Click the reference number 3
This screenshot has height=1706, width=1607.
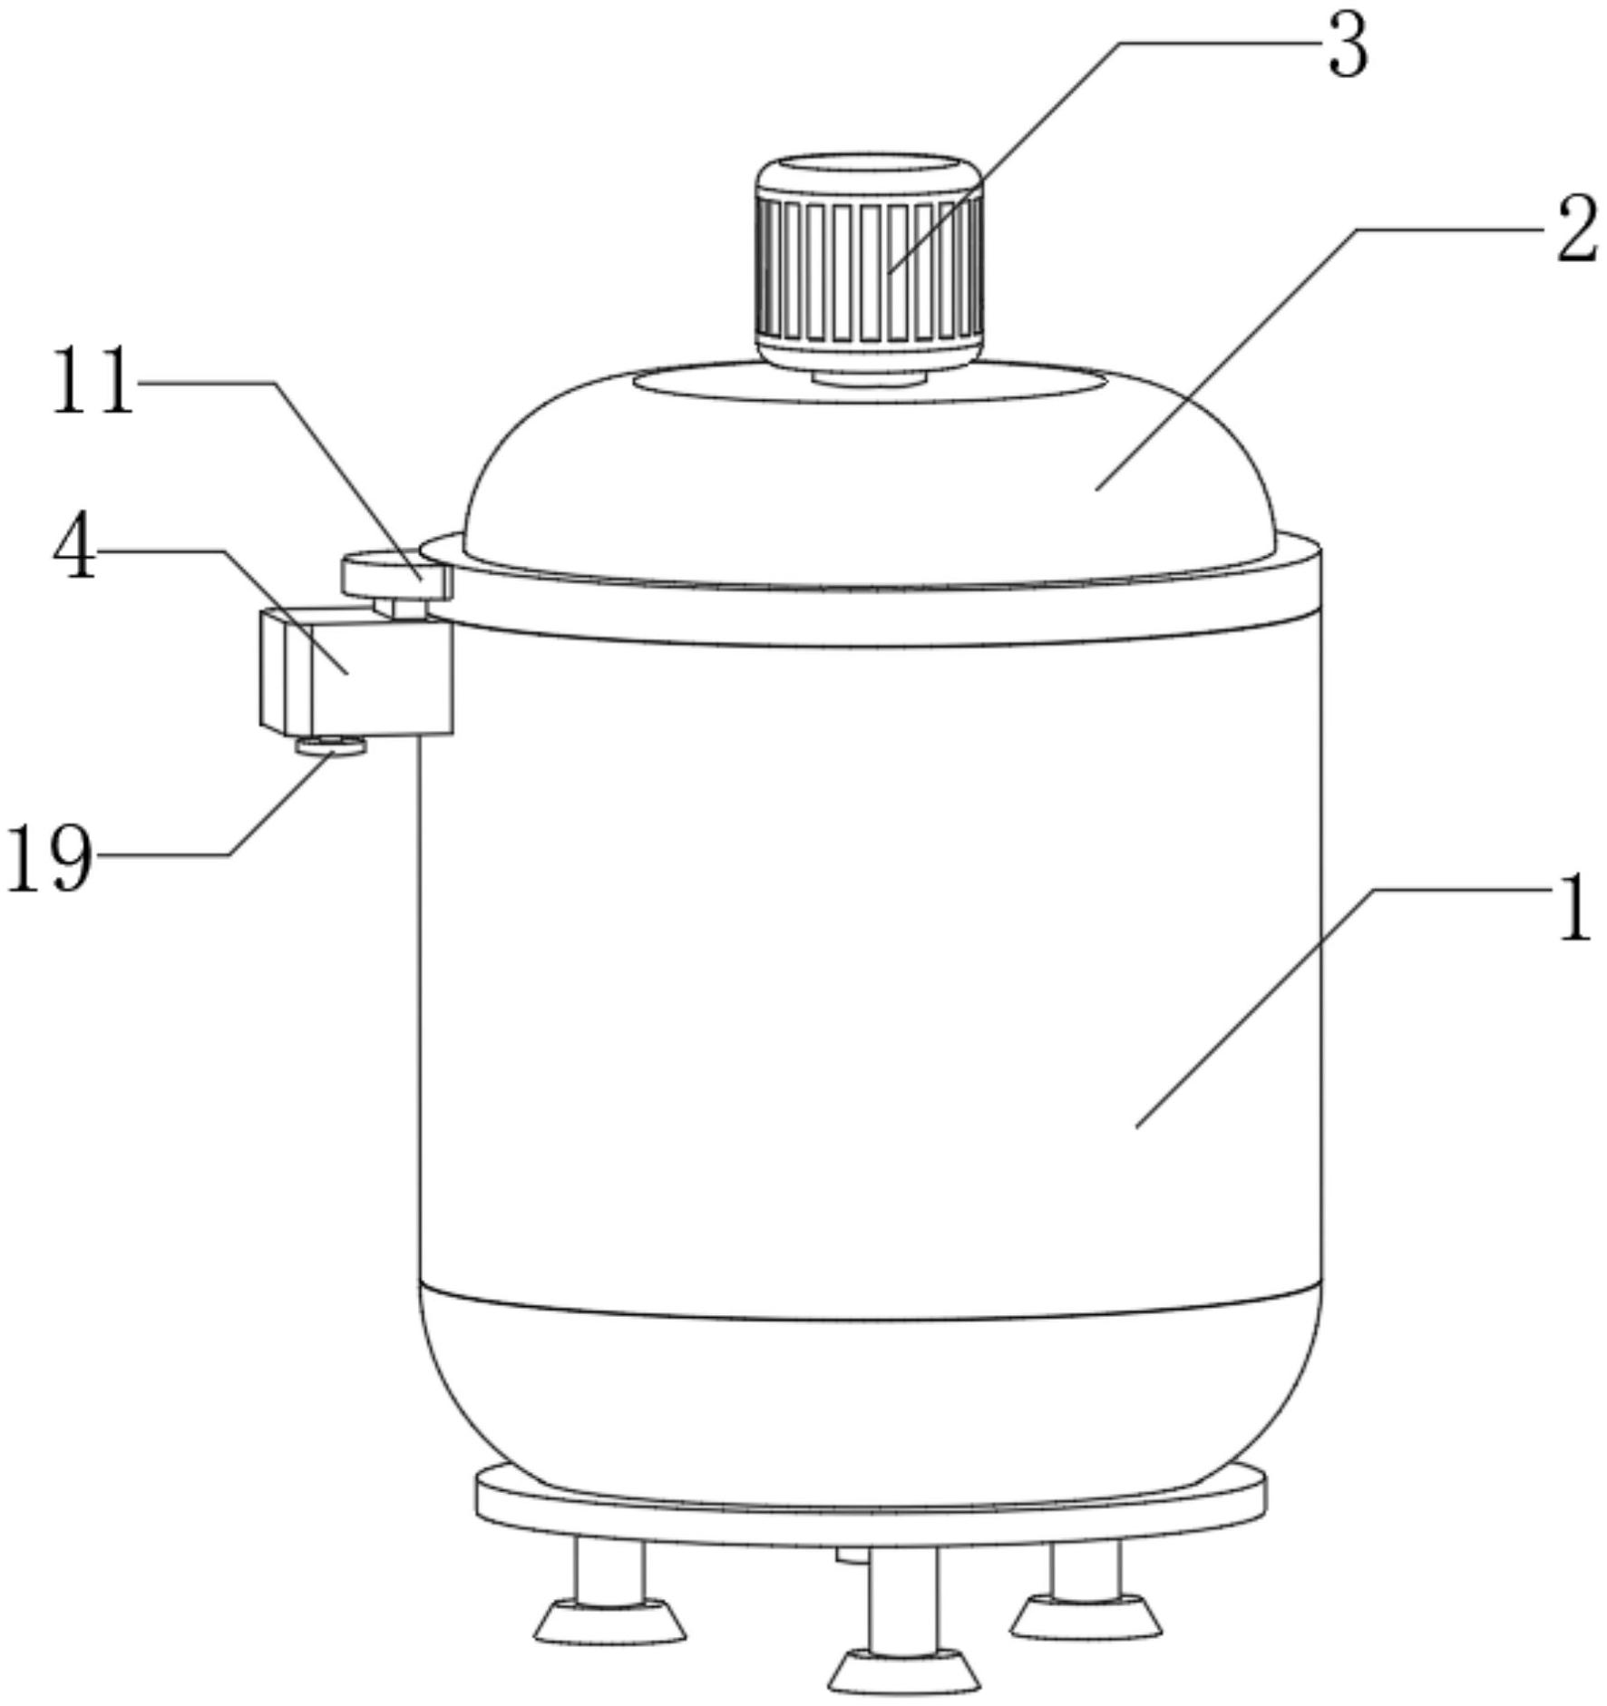click(x=1347, y=47)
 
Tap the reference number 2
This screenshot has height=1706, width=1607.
click(x=1576, y=232)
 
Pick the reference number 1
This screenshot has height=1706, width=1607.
click(x=1575, y=908)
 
